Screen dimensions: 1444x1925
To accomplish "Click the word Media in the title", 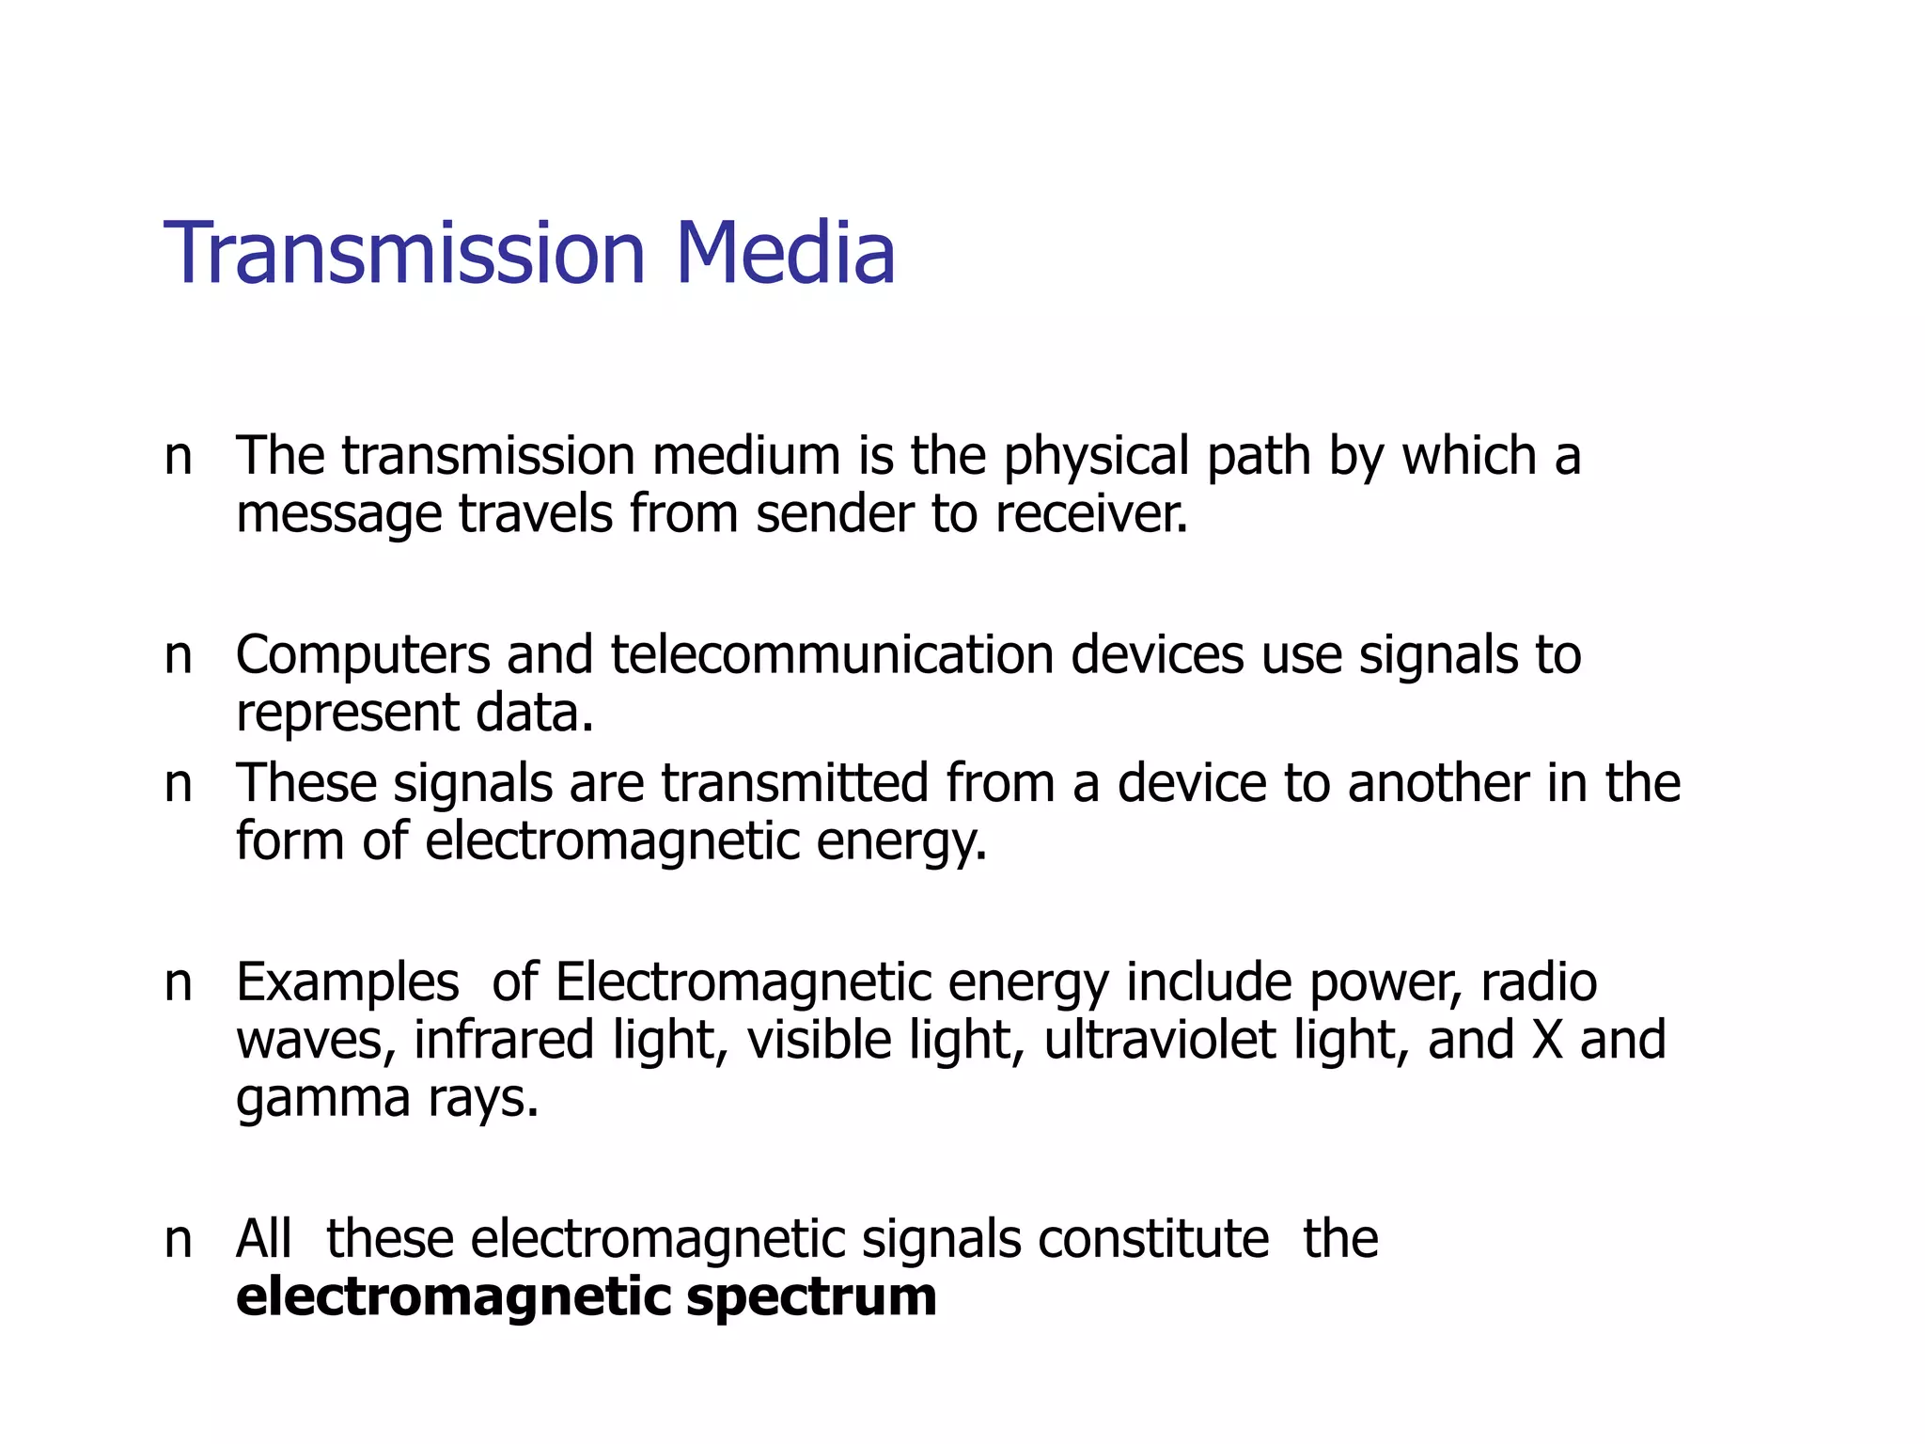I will (x=785, y=253).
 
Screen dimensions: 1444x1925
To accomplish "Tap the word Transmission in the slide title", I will (x=405, y=253).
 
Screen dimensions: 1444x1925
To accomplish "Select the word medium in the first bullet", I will (x=746, y=456).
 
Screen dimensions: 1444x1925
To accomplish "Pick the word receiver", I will (x=1091, y=514).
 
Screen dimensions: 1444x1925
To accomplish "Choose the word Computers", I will (x=363, y=656).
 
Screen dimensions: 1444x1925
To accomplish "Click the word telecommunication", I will (x=832, y=654).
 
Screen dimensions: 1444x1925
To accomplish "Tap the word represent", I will (x=347, y=714).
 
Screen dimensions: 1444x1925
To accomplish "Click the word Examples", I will (x=348, y=983).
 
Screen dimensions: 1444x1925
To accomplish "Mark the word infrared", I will (x=504, y=1040).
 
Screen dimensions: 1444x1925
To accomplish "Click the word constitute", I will (x=1153, y=1238).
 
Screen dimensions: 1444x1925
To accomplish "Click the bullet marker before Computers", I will (x=178, y=656).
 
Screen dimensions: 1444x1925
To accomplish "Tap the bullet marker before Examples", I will (x=178, y=983).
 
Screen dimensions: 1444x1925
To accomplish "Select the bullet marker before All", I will (x=178, y=1240).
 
